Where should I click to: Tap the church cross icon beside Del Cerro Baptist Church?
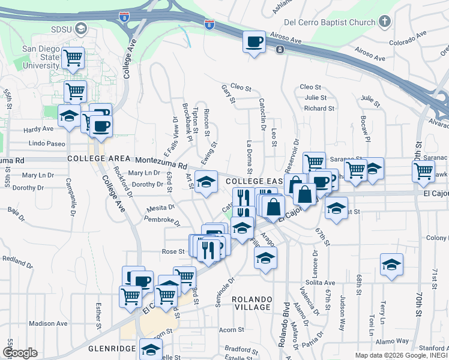[384, 22]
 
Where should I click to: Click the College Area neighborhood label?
[98, 158]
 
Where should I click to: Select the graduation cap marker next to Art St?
[206, 182]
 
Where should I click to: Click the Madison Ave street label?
[48, 323]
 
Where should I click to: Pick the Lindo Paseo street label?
[47, 144]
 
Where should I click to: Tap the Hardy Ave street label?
[39, 129]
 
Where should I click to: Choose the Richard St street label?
[319, 108]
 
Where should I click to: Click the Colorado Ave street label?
[407, 43]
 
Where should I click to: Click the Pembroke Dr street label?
[162, 221]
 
